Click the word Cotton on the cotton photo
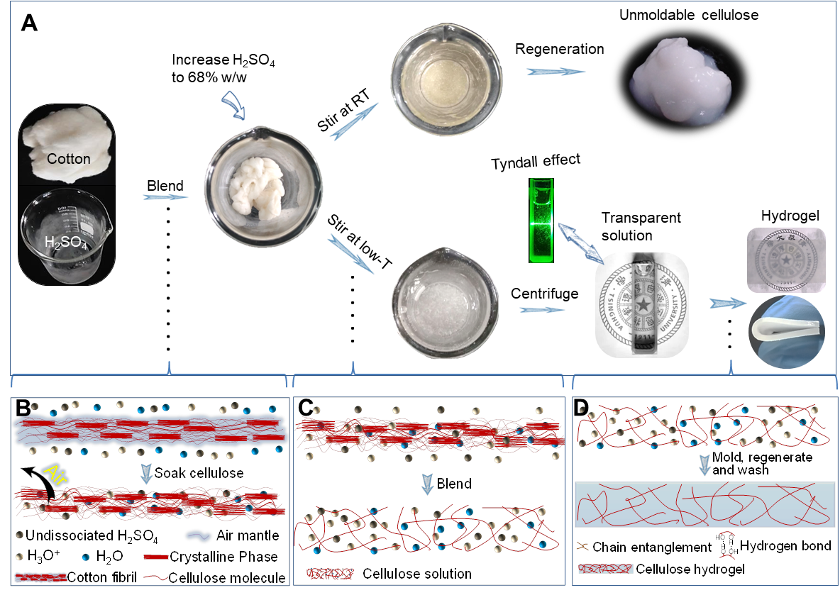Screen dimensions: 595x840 pyautogui.click(x=69, y=159)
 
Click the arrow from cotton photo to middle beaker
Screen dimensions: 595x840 pyautogui.click(x=165, y=196)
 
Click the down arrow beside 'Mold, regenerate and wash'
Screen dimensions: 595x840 pyautogui.click(x=705, y=465)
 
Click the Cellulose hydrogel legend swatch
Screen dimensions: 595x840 pyautogui.click(x=605, y=569)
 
